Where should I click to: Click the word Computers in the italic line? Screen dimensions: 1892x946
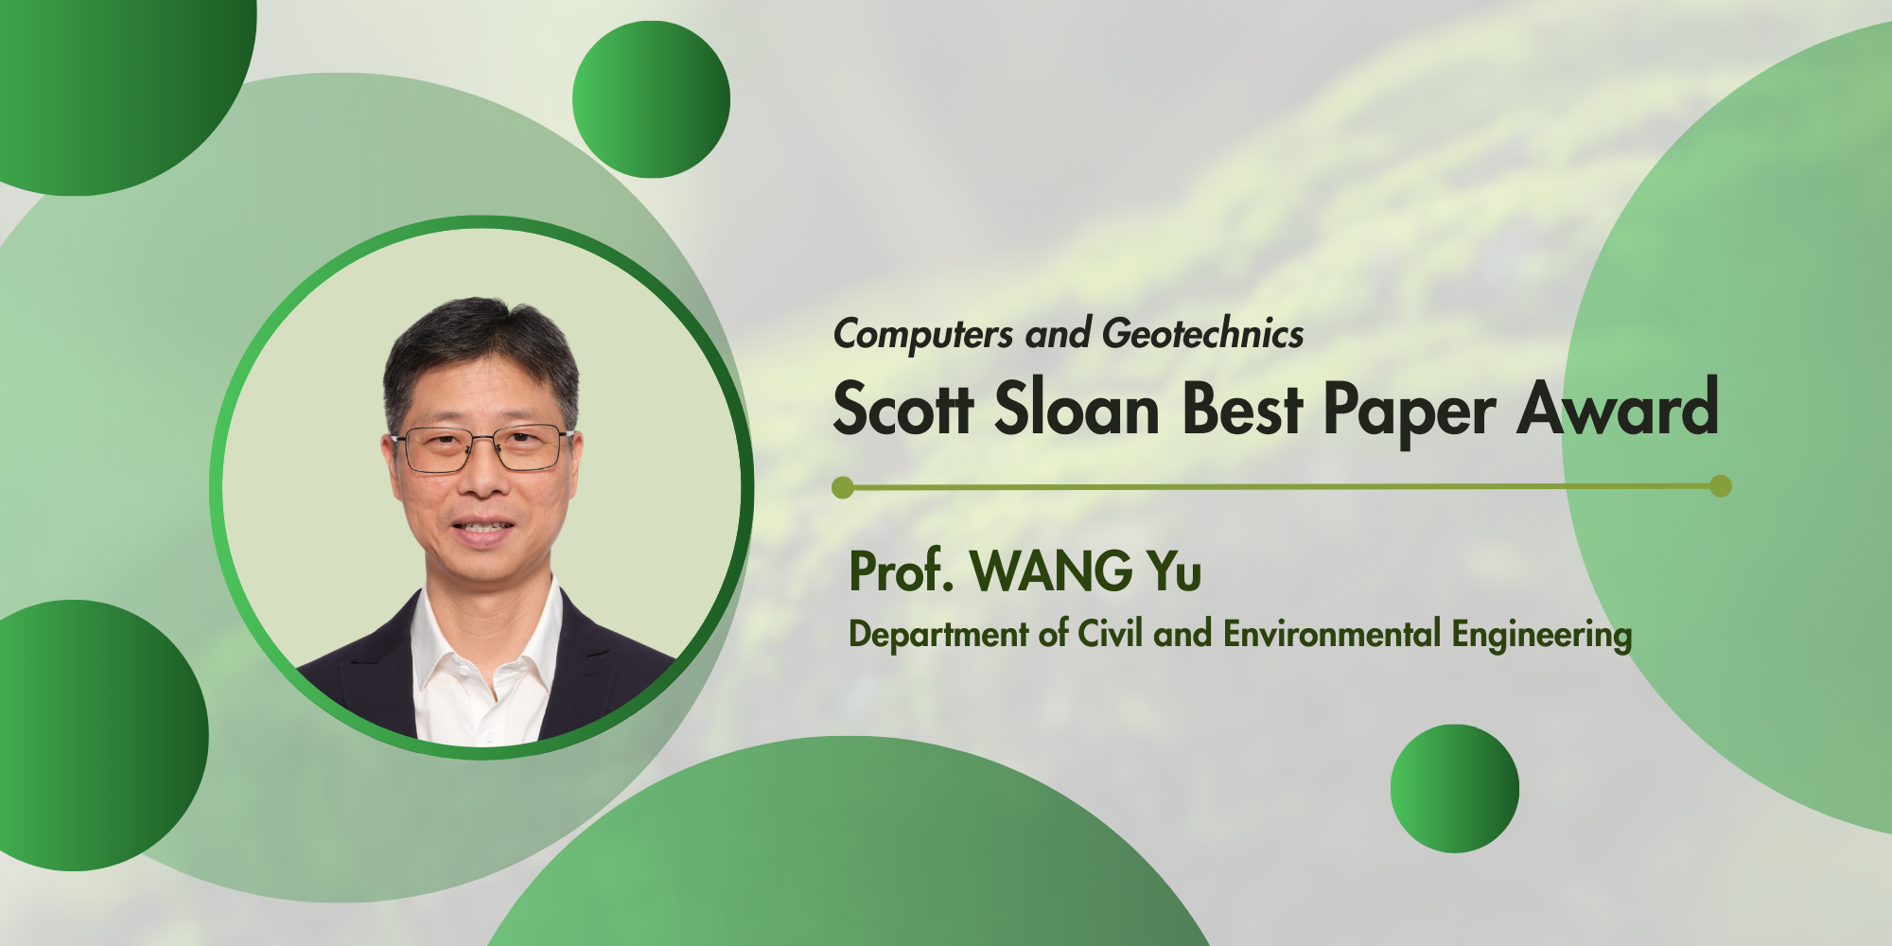point(923,334)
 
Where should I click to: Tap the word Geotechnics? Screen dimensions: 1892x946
point(1203,334)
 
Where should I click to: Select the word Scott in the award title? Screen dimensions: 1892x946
point(903,409)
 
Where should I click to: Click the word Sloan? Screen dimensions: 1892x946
point(1077,409)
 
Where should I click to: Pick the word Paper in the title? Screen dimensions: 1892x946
point(1409,412)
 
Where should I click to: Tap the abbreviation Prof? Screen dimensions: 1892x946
point(901,570)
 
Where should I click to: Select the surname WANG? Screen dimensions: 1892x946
point(1051,570)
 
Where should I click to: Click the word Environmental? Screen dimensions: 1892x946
point(1332,633)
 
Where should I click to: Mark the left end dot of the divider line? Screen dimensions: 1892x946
point(843,488)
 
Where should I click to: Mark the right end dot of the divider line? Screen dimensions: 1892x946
point(1721,486)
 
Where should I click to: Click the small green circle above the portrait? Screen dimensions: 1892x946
point(651,99)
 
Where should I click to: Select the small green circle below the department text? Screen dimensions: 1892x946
point(1455,789)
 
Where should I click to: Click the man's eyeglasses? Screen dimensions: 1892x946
point(482,449)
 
